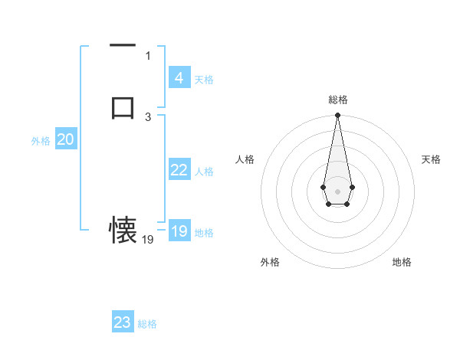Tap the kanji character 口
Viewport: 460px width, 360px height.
123,107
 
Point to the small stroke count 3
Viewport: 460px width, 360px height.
148,117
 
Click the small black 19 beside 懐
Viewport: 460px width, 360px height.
148,240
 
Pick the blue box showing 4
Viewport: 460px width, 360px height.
179,78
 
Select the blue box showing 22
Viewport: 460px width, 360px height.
179,170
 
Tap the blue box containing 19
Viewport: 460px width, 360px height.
179,231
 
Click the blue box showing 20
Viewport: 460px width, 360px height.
65,139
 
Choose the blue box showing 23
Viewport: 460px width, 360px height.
123,322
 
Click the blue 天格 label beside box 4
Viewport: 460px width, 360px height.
204,80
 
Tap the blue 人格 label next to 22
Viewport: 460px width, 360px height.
204,172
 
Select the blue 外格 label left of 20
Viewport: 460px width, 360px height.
41,141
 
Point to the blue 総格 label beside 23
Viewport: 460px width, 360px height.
147,324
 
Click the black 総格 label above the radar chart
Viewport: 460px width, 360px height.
338,100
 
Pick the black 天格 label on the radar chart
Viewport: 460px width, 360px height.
432,159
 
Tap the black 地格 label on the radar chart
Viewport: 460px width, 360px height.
402,262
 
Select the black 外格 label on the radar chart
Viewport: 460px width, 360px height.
270,262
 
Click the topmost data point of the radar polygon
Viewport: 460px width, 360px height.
337,116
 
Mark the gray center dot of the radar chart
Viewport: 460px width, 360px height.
337,190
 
